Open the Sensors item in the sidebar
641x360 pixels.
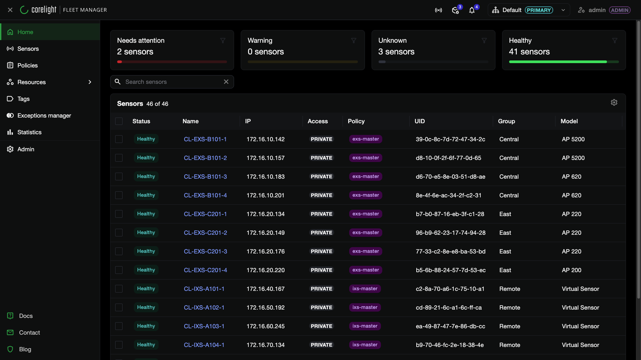pyautogui.click(x=28, y=49)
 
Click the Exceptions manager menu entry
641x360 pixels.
pyautogui.click(x=44, y=116)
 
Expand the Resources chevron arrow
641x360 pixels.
pyautogui.click(x=90, y=82)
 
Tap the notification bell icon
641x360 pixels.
pyautogui.click(x=472, y=10)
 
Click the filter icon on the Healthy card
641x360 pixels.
pyautogui.click(x=615, y=41)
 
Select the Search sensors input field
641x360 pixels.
pyautogui.click(x=172, y=82)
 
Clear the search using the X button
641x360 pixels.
pyautogui.click(x=226, y=82)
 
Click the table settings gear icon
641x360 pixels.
pyautogui.click(x=614, y=103)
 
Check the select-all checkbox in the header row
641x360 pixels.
pyautogui.click(x=119, y=121)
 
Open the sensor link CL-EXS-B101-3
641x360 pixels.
pyautogui.click(x=205, y=177)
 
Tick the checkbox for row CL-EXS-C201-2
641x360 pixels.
pyautogui.click(x=119, y=233)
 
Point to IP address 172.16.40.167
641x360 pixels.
pyautogui.click(x=266, y=289)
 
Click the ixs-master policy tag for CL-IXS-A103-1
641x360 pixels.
pyautogui.click(x=365, y=326)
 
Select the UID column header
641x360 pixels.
pyautogui.click(x=420, y=121)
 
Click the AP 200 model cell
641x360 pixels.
pyautogui.click(x=572, y=270)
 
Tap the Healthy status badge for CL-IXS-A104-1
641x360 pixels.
pyautogui.click(x=146, y=345)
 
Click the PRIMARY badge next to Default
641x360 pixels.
pyautogui.click(x=539, y=10)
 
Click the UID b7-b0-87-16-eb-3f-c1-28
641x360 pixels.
pyautogui.click(x=450, y=214)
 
